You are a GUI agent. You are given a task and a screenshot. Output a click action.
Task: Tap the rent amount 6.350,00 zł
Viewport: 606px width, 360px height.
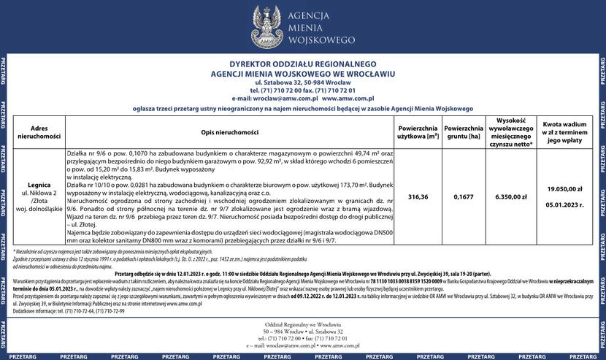pos(511,197)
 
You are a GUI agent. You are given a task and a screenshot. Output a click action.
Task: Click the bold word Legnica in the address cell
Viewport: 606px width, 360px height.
pos(39,185)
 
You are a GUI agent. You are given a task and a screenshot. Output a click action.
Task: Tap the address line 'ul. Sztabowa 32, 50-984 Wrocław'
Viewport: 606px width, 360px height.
pos(302,82)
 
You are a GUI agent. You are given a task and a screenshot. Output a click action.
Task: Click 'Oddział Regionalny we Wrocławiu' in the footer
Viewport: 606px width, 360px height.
pos(302,323)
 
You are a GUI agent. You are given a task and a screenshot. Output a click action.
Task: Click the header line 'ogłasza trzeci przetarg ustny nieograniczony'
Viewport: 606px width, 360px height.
pos(302,107)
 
